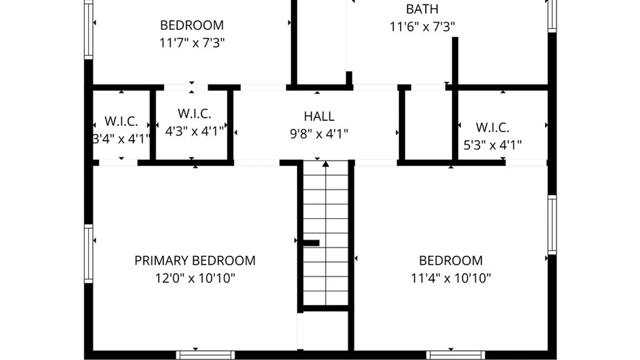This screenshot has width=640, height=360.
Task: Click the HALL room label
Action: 319,116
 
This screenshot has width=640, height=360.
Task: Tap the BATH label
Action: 422,9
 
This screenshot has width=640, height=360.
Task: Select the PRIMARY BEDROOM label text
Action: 195,260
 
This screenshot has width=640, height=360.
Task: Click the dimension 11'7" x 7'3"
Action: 192,43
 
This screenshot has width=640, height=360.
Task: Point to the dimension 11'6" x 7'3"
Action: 422,27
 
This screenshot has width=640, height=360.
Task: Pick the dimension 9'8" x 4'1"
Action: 319,134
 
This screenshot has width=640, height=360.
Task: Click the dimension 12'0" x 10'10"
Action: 195,278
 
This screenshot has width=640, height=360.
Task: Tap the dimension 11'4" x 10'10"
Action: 451,278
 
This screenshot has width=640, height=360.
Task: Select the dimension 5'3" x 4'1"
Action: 493,145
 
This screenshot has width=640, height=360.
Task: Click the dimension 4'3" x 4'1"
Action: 194,131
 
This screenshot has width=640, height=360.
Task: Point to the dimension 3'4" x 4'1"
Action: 121,139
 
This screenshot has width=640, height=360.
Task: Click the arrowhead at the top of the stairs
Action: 326,164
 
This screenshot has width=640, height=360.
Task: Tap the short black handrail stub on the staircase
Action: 311,243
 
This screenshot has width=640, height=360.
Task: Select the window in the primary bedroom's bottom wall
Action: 205,355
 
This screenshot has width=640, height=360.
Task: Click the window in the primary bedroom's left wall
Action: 88,254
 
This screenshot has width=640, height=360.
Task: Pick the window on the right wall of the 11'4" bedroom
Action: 552,225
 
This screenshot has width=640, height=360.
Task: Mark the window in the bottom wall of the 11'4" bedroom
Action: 456,355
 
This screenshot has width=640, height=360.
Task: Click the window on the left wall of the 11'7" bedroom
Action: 88,30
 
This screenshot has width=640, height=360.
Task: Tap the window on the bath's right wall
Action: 552,16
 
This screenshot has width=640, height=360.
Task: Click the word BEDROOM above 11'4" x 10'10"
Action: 451,260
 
